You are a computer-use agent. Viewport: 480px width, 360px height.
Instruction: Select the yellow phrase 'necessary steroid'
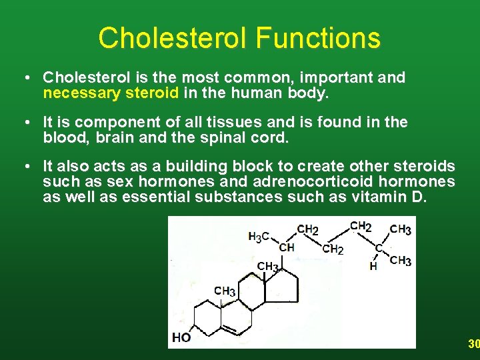click(111, 93)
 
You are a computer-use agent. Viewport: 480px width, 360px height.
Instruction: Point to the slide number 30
click(473, 344)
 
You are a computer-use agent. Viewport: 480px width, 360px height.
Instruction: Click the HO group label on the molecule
click(181, 337)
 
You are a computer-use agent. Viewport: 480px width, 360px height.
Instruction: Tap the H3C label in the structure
click(259, 236)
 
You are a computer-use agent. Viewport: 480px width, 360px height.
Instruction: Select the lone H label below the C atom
click(373, 266)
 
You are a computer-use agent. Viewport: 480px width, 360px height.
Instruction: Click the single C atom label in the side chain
click(378, 248)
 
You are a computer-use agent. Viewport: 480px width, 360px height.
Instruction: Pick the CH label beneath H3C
click(287, 247)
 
